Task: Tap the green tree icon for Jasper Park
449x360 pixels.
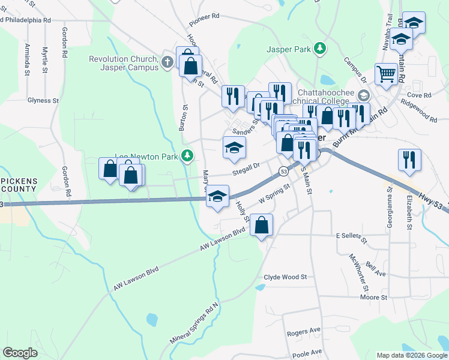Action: tap(321, 48)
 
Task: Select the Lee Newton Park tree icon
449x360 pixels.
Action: tap(188, 156)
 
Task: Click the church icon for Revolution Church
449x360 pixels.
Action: tap(167, 62)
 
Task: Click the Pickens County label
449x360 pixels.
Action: tap(19, 184)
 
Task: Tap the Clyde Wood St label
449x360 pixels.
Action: tap(285, 277)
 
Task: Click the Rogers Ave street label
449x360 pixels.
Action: tap(304, 331)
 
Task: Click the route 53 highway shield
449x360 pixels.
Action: tap(283, 172)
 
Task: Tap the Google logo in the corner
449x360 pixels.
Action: tap(20, 353)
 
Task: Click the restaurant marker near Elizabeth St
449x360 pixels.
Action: tap(409, 160)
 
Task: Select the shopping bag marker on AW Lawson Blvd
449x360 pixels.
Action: tap(261, 226)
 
